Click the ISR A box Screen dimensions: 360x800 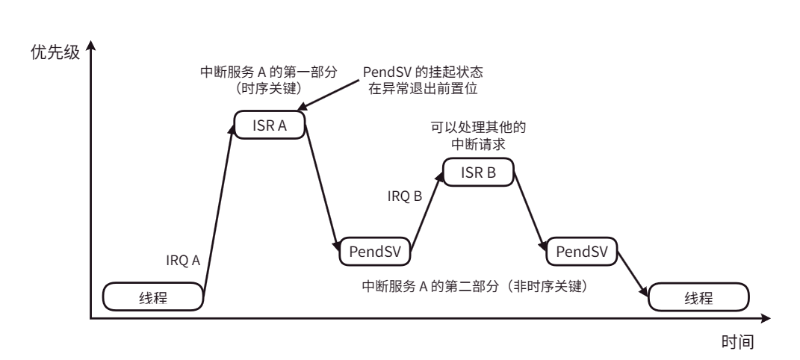tap(272, 125)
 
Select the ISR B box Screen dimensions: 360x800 tap(479, 173)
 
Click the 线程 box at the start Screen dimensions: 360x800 tap(153, 297)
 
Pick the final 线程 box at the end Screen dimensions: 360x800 tap(698, 297)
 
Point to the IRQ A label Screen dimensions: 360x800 tap(183, 261)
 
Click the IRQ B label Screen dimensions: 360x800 tap(406, 197)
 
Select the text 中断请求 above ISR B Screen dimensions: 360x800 tap(478, 143)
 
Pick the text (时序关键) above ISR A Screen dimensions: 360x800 tap(268, 87)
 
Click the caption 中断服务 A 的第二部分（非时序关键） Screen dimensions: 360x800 tap(478, 285)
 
